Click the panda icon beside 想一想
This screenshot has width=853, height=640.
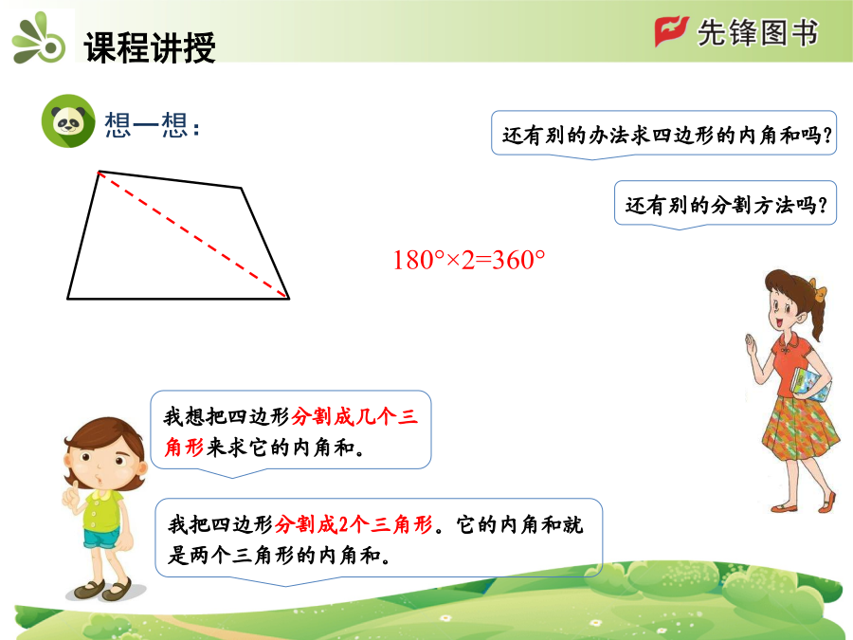click(68, 120)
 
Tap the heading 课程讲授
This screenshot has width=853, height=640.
click(150, 47)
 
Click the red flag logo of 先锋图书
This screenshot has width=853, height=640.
click(671, 31)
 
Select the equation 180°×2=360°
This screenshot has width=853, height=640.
click(468, 260)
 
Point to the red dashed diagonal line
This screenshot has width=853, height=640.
click(193, 235)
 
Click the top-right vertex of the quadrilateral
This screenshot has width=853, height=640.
click(241, 189)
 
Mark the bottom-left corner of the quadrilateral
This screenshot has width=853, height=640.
click(67, 299)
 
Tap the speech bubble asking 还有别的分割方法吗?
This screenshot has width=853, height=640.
click(725, 205)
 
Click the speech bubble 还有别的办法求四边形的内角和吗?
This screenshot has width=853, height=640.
click(663, 135)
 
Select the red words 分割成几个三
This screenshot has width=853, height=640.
click(354, 417)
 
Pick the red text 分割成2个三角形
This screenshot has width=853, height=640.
click(354, 524)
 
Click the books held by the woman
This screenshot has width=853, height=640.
click(811, 384)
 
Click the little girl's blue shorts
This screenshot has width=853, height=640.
click(101, 539)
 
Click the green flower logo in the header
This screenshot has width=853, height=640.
click(39, 38)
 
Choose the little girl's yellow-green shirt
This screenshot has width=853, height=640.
click(101, 510)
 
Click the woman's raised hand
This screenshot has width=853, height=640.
click(752, 345)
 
